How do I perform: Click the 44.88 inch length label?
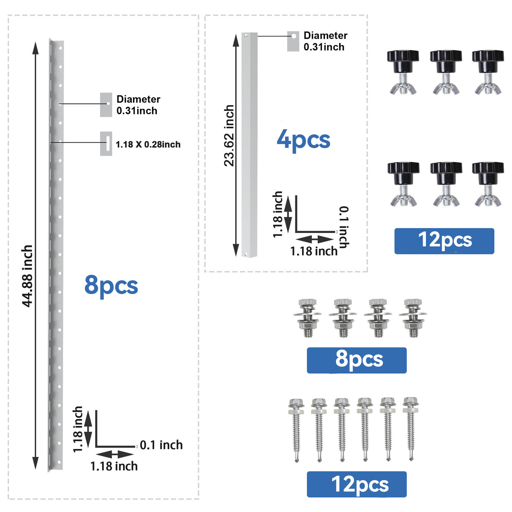tap(27, 276)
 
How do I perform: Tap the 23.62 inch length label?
tap(229, 136)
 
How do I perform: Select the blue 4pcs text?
tap(303, 140)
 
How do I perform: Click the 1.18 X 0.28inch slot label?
tap(148, 144)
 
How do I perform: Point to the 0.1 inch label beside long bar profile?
tap(161, 445)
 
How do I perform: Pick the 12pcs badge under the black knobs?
tap(444, 241)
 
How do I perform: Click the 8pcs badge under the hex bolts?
tap(356, 360)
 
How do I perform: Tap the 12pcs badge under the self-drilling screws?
tap(356, 484)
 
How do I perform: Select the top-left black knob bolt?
tap(403, 72)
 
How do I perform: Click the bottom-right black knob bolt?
tap(488, 184)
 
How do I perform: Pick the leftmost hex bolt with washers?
tap(308, 318)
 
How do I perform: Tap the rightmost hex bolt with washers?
tap(413, 318)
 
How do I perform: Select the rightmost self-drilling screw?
tap(411, 429)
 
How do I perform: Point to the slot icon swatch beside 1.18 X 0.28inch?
tap(106, 144)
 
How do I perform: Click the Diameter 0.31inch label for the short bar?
tap(325, 41)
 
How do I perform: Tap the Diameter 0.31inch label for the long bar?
tap(138, 105)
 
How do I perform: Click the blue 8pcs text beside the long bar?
tap(111, 285)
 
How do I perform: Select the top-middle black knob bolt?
tap(446, 72)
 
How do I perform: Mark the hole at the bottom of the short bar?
tap(246, 254)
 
